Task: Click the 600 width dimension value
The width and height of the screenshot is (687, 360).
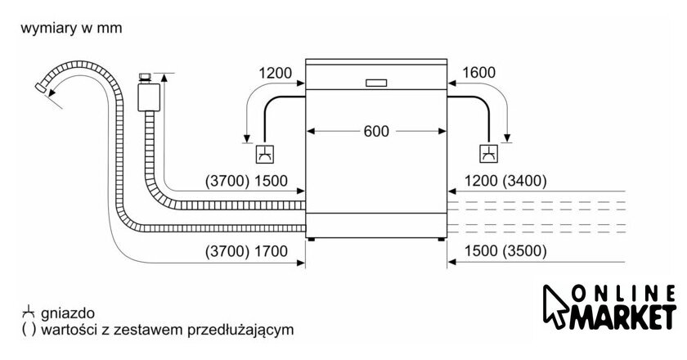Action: [376, 131]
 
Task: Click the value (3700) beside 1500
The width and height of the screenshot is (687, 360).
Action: [226, 181]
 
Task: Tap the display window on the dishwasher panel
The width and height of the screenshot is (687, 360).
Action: [376, 82]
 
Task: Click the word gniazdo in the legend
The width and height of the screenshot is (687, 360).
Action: [69, 313]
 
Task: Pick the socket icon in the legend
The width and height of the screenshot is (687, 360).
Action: [28, 313]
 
